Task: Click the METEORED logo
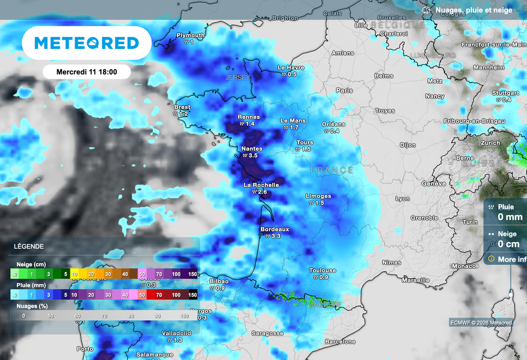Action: point(86,43)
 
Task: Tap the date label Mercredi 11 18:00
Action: point(86,72)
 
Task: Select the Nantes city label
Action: point(252,149)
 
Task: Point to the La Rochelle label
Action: point(261,185)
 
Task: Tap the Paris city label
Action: point(344,90)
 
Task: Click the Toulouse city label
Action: point(323,270)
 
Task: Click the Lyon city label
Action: point(402,198)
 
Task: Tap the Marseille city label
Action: point(415,280)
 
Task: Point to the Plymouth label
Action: point(190,36)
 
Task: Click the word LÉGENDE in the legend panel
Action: point(29,247)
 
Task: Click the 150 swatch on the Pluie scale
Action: point(192,295)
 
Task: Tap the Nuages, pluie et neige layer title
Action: point(473,10)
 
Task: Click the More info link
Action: point(512,259)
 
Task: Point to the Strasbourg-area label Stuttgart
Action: point(505,93)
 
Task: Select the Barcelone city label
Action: point(340,341)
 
